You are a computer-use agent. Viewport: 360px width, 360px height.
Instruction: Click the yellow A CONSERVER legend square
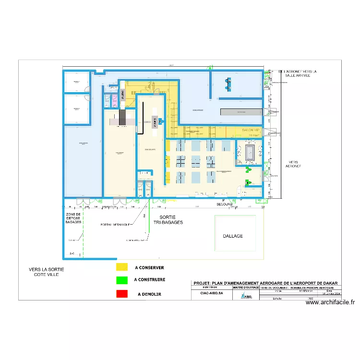(x=122, y=267)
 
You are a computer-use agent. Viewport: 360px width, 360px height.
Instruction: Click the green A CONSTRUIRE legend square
(x=122, y=279)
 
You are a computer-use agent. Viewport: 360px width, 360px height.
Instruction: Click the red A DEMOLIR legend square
(x=122, y=293)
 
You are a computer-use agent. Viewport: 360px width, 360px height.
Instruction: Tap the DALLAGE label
(x=233, y=236)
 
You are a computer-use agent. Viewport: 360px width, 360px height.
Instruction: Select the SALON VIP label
(x=251, y=130)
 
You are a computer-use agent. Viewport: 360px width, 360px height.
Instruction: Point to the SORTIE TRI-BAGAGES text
(x=168, y=220)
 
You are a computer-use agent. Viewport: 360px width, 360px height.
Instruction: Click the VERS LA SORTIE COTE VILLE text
(x=46, y=272)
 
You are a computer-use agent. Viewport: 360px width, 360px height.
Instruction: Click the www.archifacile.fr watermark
(x=330, y=302)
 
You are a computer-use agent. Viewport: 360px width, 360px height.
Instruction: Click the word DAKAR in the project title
(x=329, y=283)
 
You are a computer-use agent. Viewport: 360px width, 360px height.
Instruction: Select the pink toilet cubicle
(x=108, y=100)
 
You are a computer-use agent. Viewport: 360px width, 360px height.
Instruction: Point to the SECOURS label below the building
(x=224, y=204)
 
